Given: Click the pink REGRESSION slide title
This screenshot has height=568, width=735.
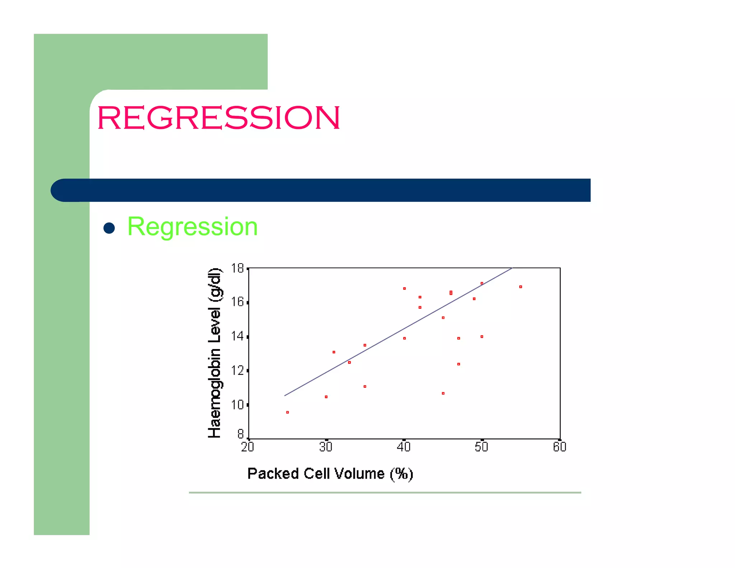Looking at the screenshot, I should pos(218,117).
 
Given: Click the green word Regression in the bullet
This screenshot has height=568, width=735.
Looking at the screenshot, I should pos(192,227).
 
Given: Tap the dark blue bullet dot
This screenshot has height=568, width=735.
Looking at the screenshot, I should pos(109,228).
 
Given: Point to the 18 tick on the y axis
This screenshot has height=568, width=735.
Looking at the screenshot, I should pos(238,268).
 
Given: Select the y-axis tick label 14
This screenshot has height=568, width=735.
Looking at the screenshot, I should pos(238,336).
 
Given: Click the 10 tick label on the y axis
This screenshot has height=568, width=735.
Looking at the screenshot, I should pos(238,405).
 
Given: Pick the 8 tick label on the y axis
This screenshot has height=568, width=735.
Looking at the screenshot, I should pos(240,434).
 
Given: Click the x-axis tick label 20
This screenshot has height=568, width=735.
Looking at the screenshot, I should pos(248,447).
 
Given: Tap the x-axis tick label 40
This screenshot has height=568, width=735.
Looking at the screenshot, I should pos(404,447).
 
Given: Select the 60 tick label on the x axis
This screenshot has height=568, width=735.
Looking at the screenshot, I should pos(560,447).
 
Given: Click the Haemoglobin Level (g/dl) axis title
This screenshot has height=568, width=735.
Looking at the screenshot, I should pos(215,353).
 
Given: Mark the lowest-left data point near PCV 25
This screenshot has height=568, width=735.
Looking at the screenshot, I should pos(287,412).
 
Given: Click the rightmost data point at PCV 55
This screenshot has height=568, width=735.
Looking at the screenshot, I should pos(520,287).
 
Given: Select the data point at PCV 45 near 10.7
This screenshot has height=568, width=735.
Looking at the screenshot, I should pos(443,393).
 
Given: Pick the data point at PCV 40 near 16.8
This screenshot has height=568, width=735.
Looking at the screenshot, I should pos(404,288).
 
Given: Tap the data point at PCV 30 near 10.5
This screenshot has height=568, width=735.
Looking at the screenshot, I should pos(326,397).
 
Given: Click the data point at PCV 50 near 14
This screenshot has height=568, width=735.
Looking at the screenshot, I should pos(482,336).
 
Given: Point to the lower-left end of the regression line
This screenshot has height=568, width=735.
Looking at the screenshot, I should pos(285,395).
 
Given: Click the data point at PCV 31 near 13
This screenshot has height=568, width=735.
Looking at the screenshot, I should pos(334,352).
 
